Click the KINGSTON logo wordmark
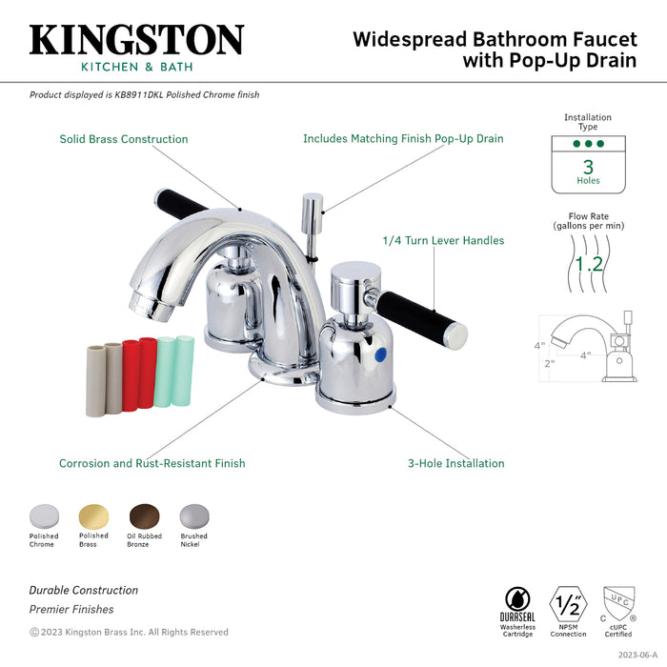(x=136, y=40)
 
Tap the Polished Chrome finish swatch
(x=43, y=515)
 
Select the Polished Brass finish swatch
(x=93, y=515)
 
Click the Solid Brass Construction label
(x=124, y=139)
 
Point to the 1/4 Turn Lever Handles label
(x=443, y=240)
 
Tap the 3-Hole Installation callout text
(x=455, y=463)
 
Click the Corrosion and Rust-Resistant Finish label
(x=152, y=463)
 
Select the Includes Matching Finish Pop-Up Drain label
(x=403, y=139)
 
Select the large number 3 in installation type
(x=588, y=167)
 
